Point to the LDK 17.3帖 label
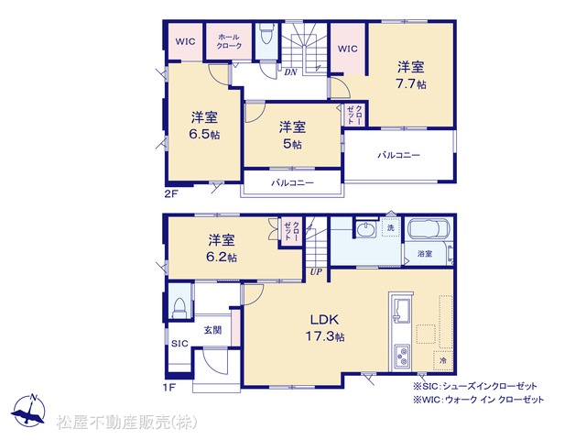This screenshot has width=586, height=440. [325, 328]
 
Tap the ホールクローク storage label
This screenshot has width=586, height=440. [229, 41]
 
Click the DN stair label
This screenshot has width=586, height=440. [290, 71]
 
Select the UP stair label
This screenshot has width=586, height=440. [316, 271]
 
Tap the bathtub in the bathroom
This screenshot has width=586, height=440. [429, 228]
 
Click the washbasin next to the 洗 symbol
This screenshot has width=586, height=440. [365, 229]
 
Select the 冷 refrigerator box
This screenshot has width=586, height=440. [443, 360]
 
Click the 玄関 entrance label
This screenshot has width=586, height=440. [212, 330]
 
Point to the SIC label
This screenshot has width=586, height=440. [179, 344]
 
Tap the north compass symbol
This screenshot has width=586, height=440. [29, 412]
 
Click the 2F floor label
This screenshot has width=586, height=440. [171, 194]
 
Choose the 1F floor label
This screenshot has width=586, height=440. [168, 387]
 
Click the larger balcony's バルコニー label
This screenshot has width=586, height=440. [399, 155]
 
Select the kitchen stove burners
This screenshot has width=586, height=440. [402, 356]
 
